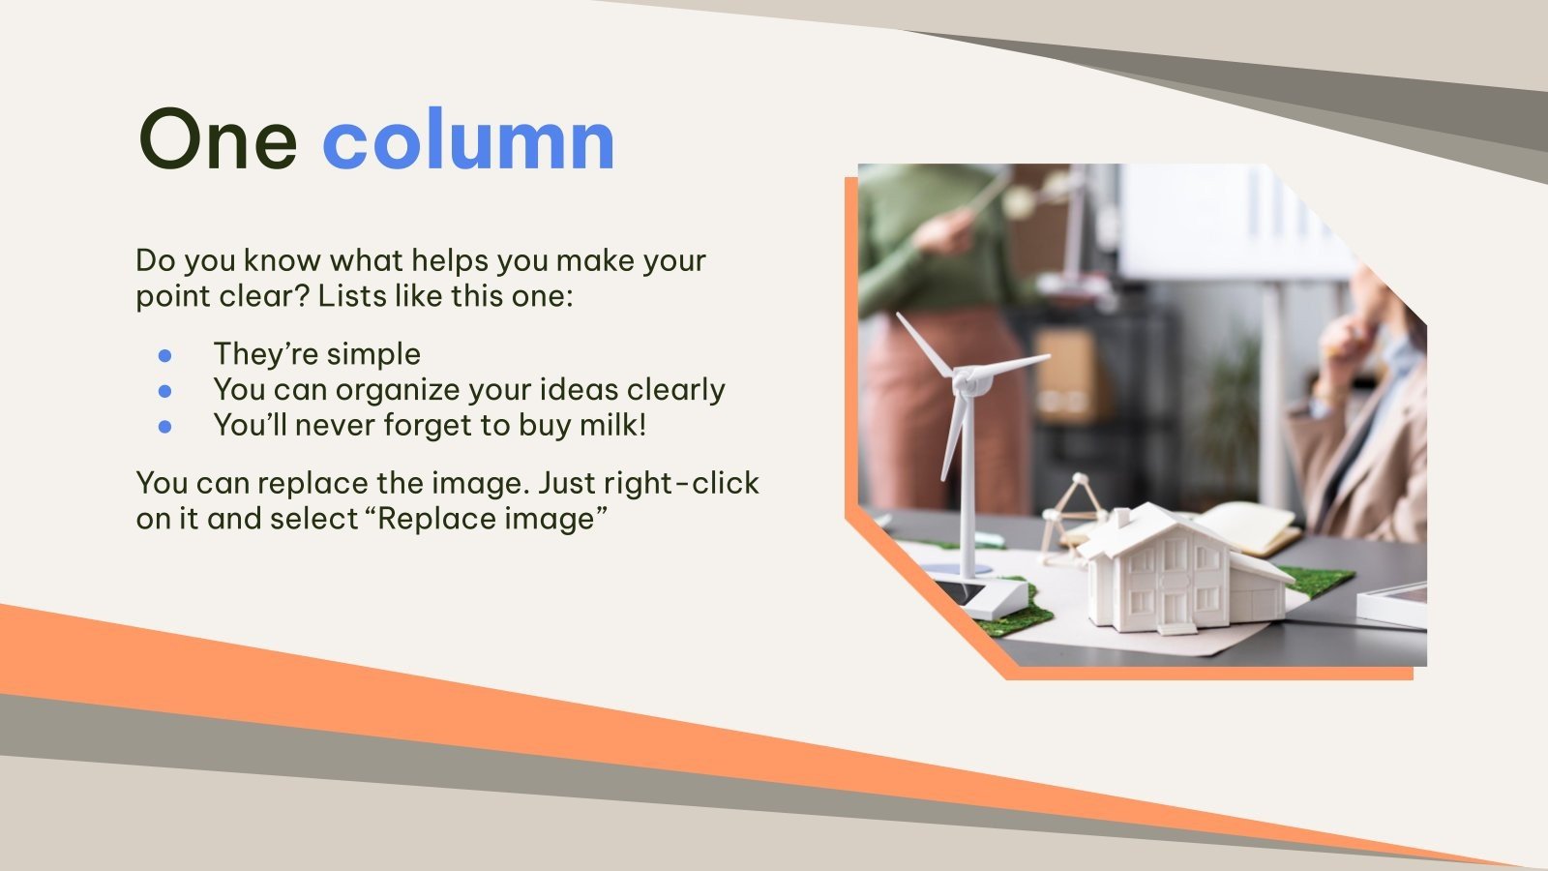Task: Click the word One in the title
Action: click(x=218, y=140)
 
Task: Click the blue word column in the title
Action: click(x=468, y=140)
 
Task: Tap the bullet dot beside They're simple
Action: click(x=164, y=355)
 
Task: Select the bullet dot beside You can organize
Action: click(x=164, y=391)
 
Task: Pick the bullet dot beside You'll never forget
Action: click(x=164, y=426)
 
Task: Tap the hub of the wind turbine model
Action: click(x=964, y=380)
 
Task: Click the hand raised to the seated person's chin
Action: click(x=1346, y=334)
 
